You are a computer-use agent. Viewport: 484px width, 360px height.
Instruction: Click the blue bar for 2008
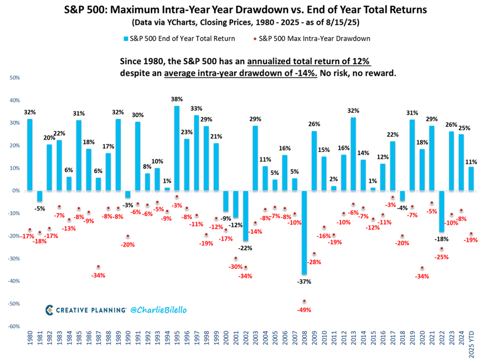304,232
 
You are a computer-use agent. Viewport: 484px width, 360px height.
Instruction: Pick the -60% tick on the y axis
14,326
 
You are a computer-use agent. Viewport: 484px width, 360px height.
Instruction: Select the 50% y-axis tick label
15,78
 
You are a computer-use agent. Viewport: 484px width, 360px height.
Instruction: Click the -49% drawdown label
304,310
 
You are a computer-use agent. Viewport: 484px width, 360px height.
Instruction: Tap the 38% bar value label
177,99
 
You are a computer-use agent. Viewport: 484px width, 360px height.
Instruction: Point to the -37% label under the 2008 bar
304,281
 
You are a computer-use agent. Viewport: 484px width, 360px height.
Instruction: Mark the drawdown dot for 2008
304,301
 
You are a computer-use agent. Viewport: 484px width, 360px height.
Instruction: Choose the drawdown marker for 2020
422,268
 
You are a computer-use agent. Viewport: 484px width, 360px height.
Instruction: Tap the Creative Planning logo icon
49,309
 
